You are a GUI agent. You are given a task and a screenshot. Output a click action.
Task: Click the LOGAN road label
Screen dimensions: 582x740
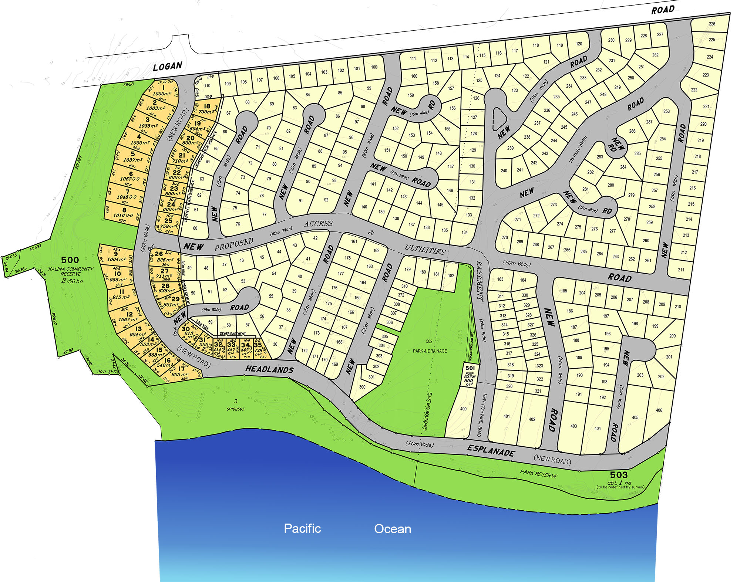point(168,67)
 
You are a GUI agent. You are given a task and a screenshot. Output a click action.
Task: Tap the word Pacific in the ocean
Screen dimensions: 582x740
point(302,528)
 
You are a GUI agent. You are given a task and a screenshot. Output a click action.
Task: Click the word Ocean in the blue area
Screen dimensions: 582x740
point(393,529)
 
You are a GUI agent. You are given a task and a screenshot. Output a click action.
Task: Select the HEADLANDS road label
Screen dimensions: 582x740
point(269,369)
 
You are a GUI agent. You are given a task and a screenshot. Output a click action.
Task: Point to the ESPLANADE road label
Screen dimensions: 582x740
point(491,450)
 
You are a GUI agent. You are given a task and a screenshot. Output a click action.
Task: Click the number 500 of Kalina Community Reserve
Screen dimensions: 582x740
point(70,260)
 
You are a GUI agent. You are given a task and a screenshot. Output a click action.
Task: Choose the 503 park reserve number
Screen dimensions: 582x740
point(619,475)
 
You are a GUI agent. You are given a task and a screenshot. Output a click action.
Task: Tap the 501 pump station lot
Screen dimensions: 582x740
point(470,375)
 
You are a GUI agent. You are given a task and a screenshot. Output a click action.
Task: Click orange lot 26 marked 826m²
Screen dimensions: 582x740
point(163,257)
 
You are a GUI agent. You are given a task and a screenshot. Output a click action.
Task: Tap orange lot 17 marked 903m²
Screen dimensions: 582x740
point(181,371)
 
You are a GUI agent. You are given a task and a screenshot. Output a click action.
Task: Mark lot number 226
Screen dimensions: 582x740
point(712,24)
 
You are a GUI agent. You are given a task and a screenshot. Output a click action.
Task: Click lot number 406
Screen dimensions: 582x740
point(659,410)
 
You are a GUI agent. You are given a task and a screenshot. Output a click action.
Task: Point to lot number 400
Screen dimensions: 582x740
point(463,409)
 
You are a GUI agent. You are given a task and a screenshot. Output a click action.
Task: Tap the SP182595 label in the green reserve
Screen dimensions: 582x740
point(235,409)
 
